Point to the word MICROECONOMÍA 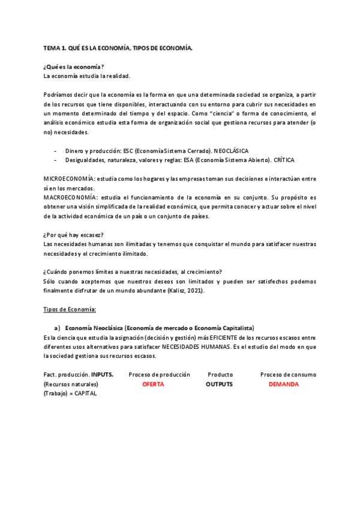[x=69, y=179]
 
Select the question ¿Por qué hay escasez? [x=74, y=235]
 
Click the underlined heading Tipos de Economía [x=70, y=309]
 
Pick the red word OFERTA [x=153, y=384]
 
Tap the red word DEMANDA [x=284, y=384]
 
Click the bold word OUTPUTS [x=219, y=384]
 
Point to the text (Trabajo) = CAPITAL [x=70, y=393]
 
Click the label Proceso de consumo [x=288, y=375]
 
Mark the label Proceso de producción [x=159, y=375]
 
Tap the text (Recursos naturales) [x=71, y=384]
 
